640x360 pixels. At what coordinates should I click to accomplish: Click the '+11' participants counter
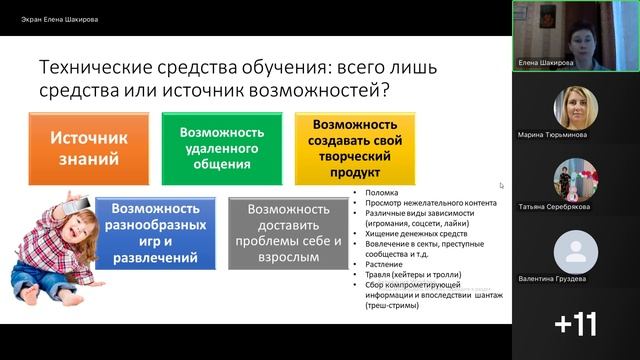575,323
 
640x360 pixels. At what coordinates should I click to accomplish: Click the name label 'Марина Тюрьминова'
552,134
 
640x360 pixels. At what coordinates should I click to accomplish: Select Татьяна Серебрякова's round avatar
575,180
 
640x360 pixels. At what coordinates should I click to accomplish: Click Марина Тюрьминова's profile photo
575,107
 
